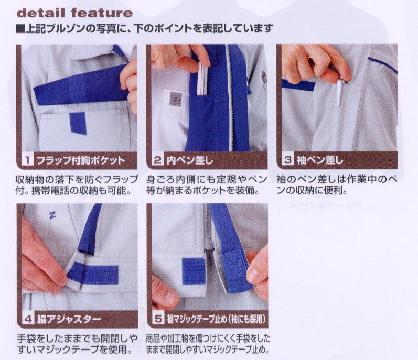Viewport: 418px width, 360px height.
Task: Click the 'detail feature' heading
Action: coord(74,13)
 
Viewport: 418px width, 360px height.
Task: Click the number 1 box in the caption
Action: coord(27,160)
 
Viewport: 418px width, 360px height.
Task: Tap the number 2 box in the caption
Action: coord(158,160)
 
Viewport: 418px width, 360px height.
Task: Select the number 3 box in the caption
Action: coord(288,160)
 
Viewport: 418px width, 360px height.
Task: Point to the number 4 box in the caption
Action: coord(28,319)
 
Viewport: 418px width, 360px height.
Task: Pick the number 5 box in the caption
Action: coord(158,319)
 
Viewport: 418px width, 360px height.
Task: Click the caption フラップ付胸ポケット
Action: coord(81,160)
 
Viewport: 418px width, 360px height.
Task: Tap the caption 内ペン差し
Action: coord(190,160)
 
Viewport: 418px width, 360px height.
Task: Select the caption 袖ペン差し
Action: coord(320,160)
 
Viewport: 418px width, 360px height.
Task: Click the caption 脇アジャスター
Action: coord(69,319)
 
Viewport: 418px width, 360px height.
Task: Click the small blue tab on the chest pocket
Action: coord(78,123)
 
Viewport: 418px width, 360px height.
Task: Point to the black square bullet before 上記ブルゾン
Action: coord(20,28)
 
